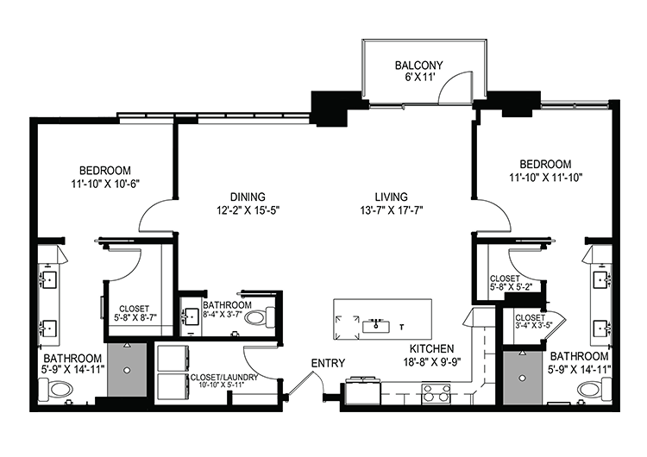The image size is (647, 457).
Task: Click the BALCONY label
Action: [418, 66]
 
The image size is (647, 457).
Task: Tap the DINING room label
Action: [248, 197]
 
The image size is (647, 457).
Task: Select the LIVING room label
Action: [391, 197]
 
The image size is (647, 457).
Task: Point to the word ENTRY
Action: [328, 363]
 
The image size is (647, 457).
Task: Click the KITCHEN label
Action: [431, 348]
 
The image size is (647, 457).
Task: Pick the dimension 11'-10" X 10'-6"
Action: [104, 184]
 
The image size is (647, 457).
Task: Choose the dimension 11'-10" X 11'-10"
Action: [545, 178]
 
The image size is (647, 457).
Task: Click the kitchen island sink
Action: [376, 326]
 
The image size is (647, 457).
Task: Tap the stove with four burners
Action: [436, 393]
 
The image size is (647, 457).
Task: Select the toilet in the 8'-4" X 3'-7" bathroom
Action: [260, 317]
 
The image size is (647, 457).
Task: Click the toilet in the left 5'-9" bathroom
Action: [55, 389]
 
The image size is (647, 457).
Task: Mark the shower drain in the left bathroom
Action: [127, 370]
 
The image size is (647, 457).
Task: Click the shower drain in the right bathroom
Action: [523, 378]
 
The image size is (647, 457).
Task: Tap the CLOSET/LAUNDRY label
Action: [224, 378]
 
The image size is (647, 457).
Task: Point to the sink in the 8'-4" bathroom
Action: [191, 317]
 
